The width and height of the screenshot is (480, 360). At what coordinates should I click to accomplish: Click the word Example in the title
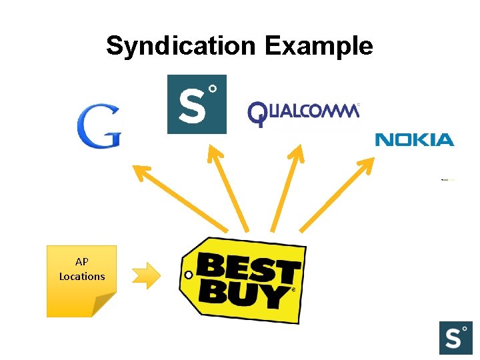pyautogui.click(x=318, y=47)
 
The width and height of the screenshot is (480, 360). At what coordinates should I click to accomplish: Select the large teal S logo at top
pyautogui.click(x=197, y=104)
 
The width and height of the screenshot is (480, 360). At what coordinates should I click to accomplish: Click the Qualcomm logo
pyautogui.click(x=303, y=114)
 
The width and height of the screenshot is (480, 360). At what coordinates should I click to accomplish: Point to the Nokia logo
pyautogui.click(x=414, y=139)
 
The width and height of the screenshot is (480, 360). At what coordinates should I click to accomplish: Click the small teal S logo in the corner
pyautogui.click(x=455, y=337)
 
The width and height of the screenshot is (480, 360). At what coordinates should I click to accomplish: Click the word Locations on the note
pyautogui.click(x=82, y=276)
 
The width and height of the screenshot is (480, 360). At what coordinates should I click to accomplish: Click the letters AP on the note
pyautogui.click(x=81, y=262)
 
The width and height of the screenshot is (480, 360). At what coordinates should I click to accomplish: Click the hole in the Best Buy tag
pyautogui.click(x=189, y=275)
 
